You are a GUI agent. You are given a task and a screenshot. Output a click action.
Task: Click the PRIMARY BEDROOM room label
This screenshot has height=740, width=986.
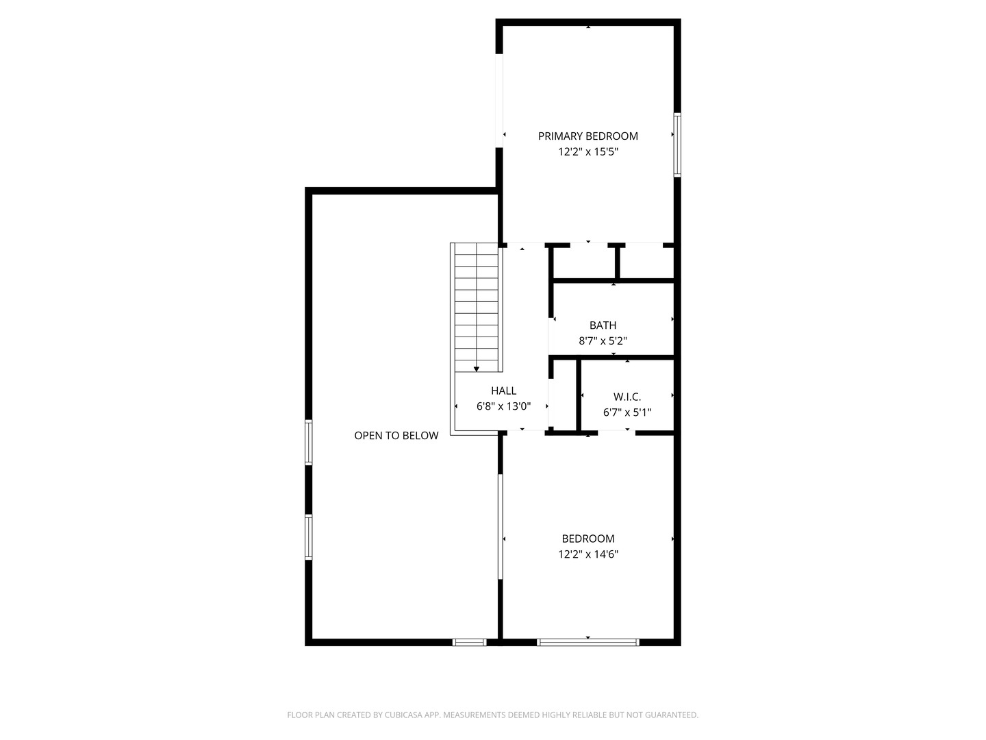tap(587, 136)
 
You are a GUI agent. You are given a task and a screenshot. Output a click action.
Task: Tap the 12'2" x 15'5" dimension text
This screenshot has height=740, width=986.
tap(588, 152)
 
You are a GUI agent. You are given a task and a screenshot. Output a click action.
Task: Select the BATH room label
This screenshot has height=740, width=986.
tap(603, 325)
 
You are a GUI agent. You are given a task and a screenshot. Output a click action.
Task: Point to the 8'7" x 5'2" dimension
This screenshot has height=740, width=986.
tap(603, 341)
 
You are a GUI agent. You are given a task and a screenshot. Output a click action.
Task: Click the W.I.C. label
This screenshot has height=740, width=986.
tap(627, 397)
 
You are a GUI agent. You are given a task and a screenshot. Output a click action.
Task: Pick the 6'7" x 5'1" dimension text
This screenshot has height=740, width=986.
tap(627, 412)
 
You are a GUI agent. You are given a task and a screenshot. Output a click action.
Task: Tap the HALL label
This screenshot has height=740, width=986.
tap(503, 391)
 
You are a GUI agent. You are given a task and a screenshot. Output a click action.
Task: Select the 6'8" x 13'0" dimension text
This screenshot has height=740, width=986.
tap(503, 406)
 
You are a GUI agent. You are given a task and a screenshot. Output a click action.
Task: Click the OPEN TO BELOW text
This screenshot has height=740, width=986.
tap(396, 436)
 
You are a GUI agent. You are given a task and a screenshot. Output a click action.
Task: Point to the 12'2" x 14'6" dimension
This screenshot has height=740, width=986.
tap(588, 554)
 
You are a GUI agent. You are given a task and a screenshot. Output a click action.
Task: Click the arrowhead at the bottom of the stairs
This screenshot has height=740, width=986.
tap(476, 369)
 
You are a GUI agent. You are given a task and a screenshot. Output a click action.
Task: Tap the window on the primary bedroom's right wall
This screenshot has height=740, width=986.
tap(677, 145)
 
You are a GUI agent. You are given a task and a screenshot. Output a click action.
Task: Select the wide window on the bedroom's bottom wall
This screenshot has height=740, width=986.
tap(588, 643)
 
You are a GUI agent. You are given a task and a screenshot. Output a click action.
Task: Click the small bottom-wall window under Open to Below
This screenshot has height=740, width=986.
tap(469, 643)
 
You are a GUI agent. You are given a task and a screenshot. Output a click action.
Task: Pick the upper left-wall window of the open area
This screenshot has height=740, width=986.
tap(309, 442)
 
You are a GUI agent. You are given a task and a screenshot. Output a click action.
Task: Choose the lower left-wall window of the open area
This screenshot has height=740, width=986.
tap(309, 537)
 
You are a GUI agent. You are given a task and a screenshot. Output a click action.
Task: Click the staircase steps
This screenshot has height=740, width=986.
tap(476, 308)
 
